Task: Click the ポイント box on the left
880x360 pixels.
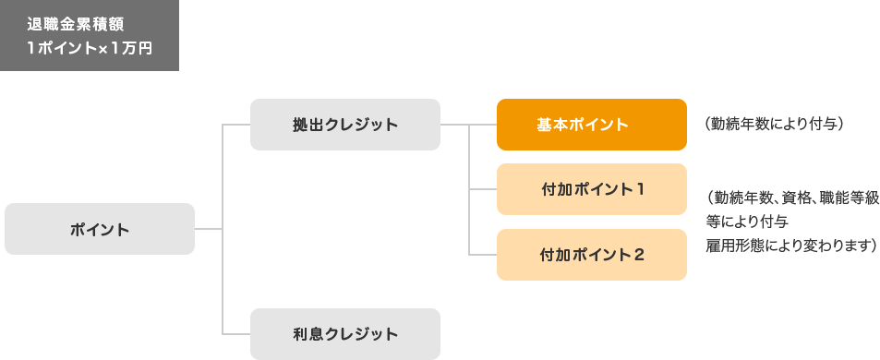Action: pyautogui.click(x=100, y=229)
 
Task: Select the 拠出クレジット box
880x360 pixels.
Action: pyautogui.click(x=344, y=125)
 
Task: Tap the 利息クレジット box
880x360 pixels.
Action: pyautogui.click(x=344, y=334)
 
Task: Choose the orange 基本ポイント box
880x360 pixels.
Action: pyautogui.click(x=591, y=125)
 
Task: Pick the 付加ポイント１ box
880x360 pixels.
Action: pyautogui.click(x=591, y=189)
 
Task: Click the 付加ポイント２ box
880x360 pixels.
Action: pyautogui.click(x=591, y=255)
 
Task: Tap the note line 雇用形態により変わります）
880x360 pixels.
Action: pyautogui.click(x=790, y=246)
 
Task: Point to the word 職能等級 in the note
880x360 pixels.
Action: pyautogui.click(x=846, y=197)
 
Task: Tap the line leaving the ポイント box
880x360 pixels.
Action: pyautogui.click(x=209, y=228)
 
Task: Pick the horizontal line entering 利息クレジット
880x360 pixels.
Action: pyautogui.click(x=236, y=334)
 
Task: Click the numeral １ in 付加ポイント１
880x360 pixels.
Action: pyautogui.click(x=640, y=189)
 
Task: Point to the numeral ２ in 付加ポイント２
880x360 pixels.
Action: pyautogui.click(x=640, y=255)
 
